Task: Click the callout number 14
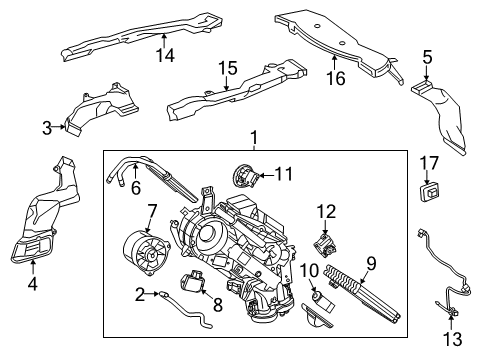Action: pyautogui.click(x=166, y=56)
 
